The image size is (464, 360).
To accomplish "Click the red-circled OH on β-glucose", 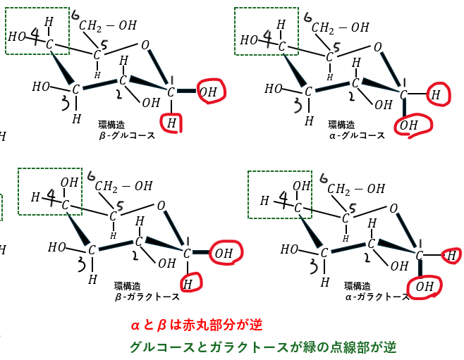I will [208, 92].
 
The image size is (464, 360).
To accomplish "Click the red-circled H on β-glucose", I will [171, 123].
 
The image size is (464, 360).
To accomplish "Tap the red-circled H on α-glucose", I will [436, 93].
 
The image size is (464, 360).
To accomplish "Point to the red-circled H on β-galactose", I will [188, 283].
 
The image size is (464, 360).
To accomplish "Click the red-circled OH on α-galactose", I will [425, 286].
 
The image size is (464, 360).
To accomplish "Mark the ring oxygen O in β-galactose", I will [162, 206].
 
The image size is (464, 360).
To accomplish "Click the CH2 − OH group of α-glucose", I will [341, 27].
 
